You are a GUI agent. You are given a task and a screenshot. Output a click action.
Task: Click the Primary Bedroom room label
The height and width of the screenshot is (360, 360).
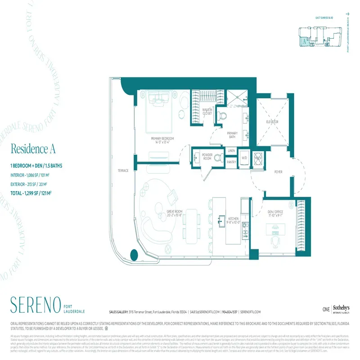pyautogui.click(x=162, y=139)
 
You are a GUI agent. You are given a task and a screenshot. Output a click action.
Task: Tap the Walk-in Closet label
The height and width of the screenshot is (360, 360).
pyautogui.click(x=207, y=111)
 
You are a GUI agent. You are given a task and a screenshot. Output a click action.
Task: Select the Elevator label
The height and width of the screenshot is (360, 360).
pyautogui.click(x=272, y=122)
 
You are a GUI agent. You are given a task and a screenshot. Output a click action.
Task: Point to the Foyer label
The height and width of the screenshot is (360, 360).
pyautogui.click(x=278, y=172)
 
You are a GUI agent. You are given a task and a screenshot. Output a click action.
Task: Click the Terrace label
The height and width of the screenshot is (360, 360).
pyautogui.click(x=123, y=171)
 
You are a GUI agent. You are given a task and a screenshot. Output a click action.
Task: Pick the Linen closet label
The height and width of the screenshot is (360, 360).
pyautogui.click(x=231, y=151)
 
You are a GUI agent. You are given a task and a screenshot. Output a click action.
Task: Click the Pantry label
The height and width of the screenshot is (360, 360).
pyautogui.click(x=231, y=162)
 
